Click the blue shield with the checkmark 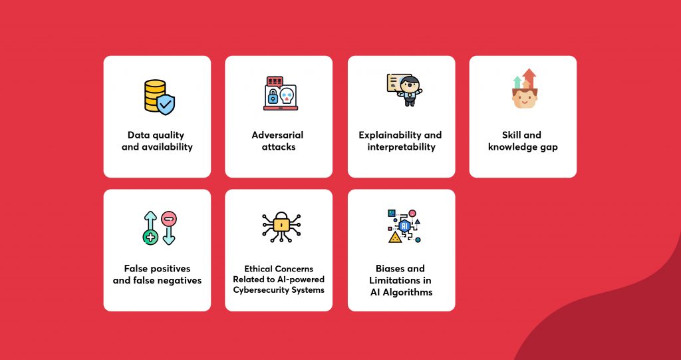[x=166, y=104]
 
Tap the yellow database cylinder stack [x=154, y=95]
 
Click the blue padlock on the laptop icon [x=273, y=97]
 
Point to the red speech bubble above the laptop [x=275, y=82]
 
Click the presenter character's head [x=409, y=85]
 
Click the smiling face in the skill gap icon [x=525, y=98]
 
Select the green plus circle [x=150, y=238]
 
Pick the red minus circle [x=168, y=218]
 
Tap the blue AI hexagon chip [x=405, y=226]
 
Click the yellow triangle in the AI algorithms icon [x=395, y=238]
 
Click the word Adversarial [x=277, y=135]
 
